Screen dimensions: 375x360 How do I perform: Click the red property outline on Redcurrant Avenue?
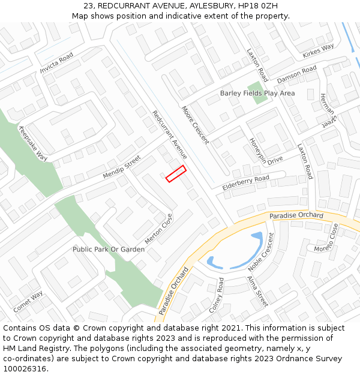pyautogui.click(x=176, y=173)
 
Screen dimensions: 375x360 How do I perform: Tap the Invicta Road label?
pyautogui.click(x=56, y=62)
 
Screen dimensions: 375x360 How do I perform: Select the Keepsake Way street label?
pyautogui.click(x=33, y=144)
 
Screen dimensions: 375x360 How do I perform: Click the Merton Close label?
pyautogui.click(x=158, y=229)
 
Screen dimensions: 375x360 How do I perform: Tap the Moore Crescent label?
pyautogui.click(x=196, y=125)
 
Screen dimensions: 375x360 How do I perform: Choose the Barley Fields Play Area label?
pyautogui.click(x=257, y=93)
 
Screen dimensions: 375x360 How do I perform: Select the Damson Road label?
pyautogui.click(x=296, y=75)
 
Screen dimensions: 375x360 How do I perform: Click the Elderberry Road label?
pyautogui.click(x=246, y=183)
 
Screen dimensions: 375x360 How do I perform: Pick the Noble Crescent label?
pyautogui.click(x=261, y=252)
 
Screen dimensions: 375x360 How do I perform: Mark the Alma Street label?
pyautogui.click(x=258, y=290)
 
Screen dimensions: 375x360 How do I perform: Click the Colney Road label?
pyautogui.click(x=216, y=295)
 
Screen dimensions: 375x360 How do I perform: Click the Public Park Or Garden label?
pyautogui.click(x=109, y=249)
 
